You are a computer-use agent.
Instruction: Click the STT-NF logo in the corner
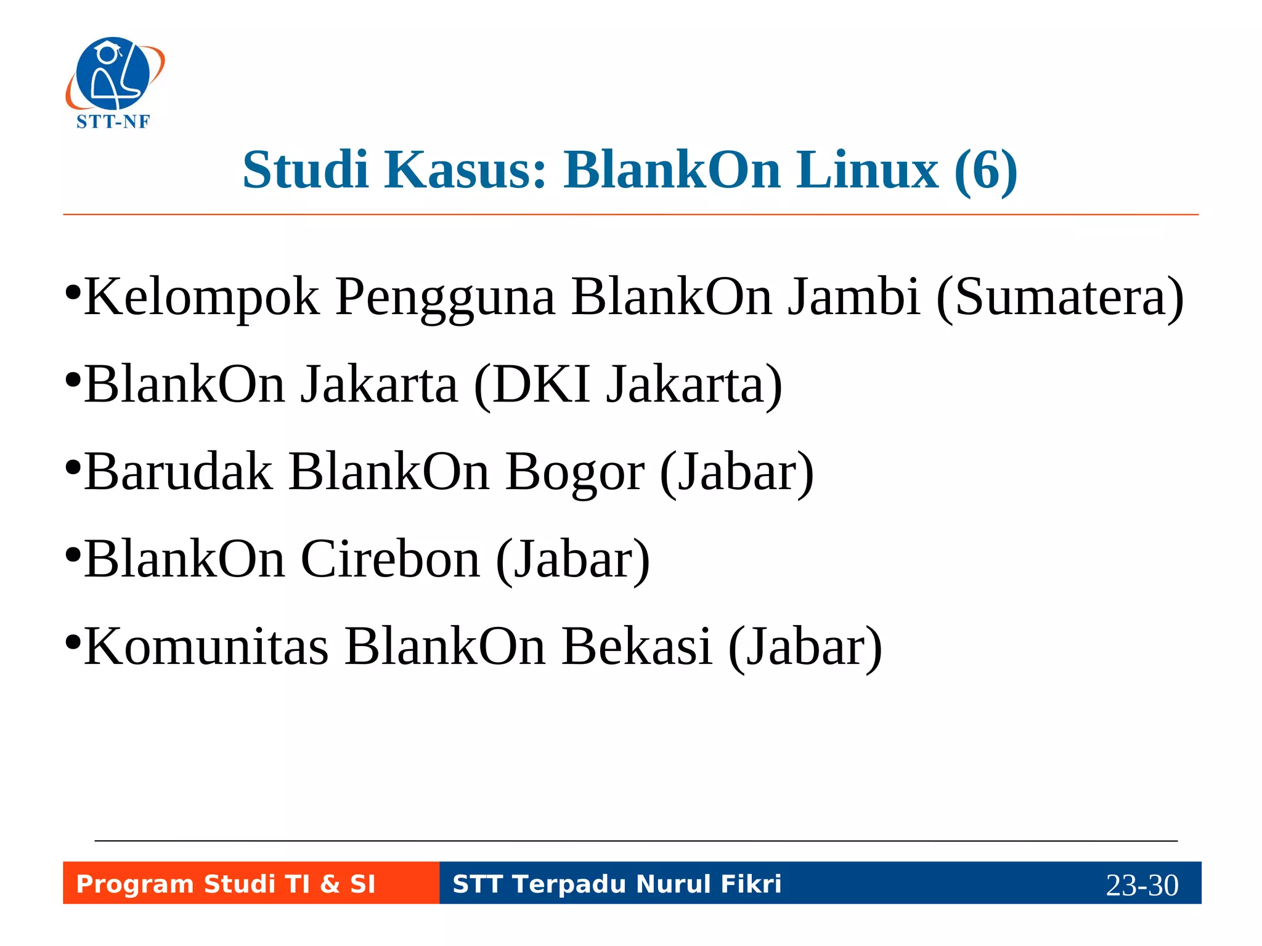pos(115,83)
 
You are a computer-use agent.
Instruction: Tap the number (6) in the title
pos(985,171)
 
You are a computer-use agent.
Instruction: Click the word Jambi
pos(854,296)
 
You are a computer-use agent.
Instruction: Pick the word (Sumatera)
pos(1060,297)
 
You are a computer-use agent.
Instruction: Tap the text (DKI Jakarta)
pos(628,385)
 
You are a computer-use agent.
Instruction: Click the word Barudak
pos(178,472)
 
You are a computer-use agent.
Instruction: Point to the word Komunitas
pos(206,647)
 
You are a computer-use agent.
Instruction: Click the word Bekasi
pos(637,647)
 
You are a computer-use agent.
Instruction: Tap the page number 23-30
pos(1142,885)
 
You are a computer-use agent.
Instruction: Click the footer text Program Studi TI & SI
pos(226,884)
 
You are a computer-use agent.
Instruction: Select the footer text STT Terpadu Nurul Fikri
pos(617,884)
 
